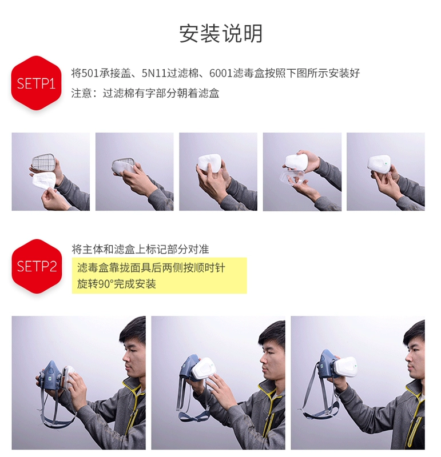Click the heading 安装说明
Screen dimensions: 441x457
point(221,34)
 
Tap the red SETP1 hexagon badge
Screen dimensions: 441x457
point(36,83)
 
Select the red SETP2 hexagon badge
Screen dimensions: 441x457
point(37,266)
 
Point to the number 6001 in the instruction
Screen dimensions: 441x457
point(221,73)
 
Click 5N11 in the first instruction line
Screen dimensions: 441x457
point(154,73)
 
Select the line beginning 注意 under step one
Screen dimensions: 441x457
point(145,93)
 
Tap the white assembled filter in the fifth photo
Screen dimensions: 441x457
point(379,165)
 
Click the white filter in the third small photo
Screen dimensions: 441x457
point(209,163)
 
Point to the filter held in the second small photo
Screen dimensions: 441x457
point(124,167)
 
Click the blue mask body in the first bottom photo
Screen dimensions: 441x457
point(51,375)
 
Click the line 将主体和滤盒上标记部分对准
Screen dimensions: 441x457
point(140,250)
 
